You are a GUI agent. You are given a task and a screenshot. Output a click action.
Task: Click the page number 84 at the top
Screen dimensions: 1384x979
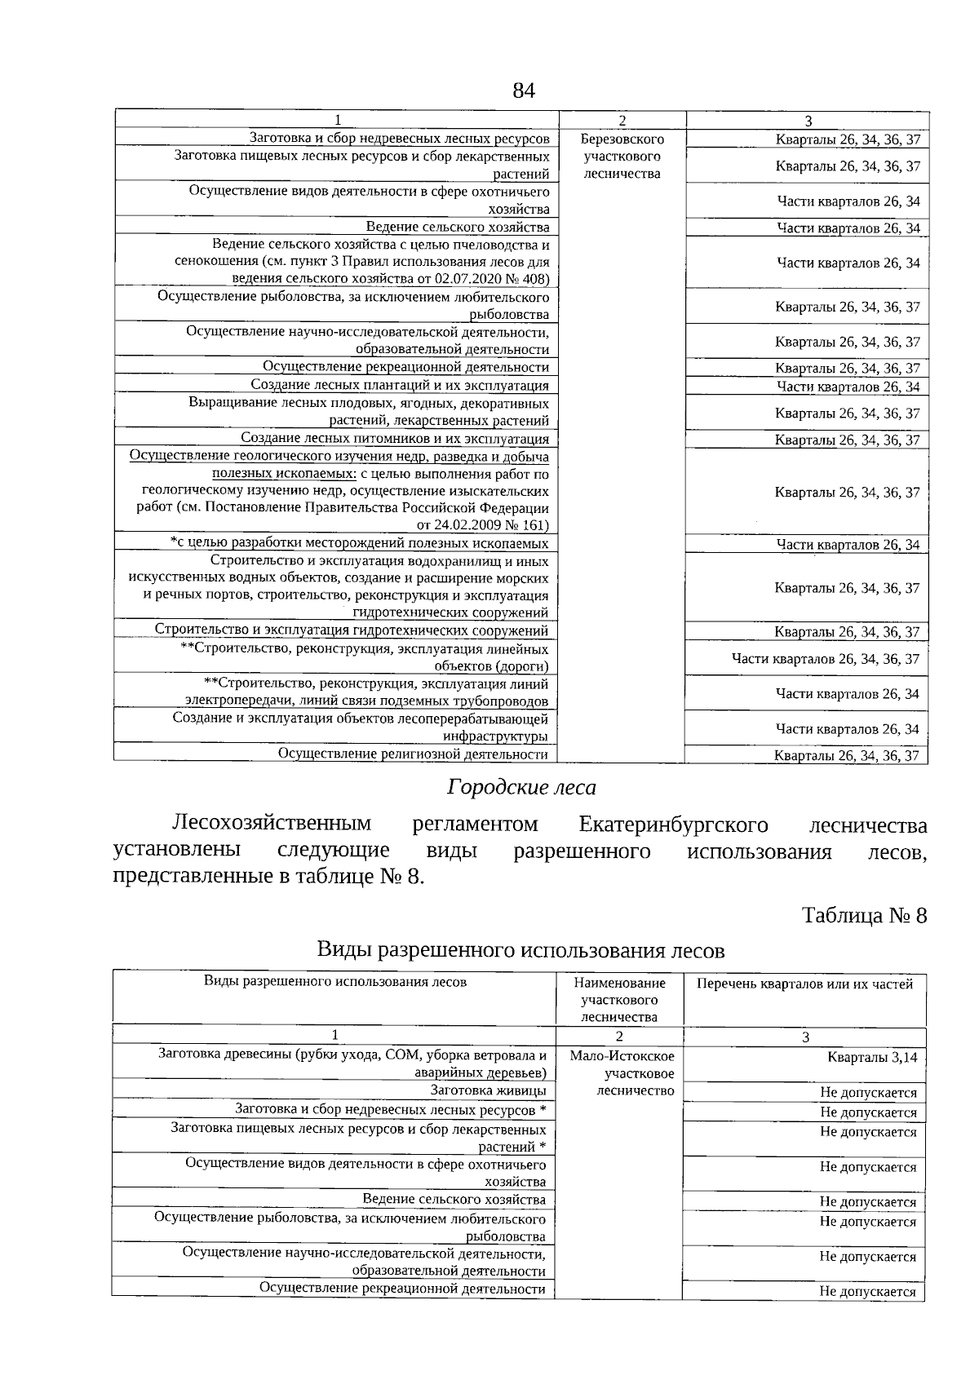point(523,91)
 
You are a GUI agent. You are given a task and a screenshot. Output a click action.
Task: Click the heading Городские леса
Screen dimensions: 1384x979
point(521,787)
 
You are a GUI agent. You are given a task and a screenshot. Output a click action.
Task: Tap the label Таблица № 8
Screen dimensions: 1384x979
point(864,915)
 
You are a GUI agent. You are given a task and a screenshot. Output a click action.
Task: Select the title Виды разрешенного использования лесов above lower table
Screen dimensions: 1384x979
point(521,950)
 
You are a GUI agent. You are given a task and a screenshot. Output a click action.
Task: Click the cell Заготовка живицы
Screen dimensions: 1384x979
point(488,1090)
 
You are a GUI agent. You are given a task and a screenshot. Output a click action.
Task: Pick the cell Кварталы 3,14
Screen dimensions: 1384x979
point(871,1058)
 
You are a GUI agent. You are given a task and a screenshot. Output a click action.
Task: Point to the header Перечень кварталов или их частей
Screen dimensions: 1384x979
point(804,984)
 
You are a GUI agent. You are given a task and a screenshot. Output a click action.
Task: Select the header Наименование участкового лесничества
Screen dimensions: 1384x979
point(619,1000)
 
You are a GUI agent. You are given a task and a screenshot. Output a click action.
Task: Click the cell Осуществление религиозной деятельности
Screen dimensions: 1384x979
point(413,754)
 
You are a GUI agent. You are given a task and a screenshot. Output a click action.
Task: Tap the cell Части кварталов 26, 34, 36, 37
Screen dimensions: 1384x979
point(825,659)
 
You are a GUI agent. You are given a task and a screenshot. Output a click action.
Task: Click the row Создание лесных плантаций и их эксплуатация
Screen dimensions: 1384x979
point(400,385)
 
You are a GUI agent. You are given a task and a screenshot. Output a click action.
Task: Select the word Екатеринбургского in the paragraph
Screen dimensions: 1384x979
point(672,825)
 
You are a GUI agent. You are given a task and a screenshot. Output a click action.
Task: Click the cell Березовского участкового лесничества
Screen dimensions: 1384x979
point(622,157)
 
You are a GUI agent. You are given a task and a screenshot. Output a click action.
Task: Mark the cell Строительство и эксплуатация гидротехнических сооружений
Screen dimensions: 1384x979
point(352,630)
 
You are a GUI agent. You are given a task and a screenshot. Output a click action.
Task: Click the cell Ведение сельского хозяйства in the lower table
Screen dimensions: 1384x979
point(454,1200)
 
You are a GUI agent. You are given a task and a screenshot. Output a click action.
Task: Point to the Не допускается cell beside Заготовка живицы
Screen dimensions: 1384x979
point(868,1093)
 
